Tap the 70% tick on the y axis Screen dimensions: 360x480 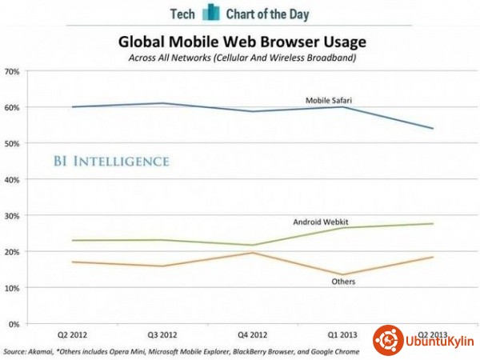point(12,71)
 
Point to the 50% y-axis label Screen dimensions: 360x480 point(12,143)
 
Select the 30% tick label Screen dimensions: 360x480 point(12,215)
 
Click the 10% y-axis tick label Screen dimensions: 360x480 point(12,287)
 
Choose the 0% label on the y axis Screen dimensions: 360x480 point(14,323)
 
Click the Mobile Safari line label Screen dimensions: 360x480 point(330,101)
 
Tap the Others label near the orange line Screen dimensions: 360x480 point(345,282)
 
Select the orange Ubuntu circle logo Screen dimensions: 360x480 point(388,340)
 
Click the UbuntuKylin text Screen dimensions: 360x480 point(440,342)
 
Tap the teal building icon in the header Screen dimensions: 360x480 point(210,12)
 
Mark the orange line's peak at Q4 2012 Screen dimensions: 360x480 point(252,253)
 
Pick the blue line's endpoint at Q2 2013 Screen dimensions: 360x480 point(433,128)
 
